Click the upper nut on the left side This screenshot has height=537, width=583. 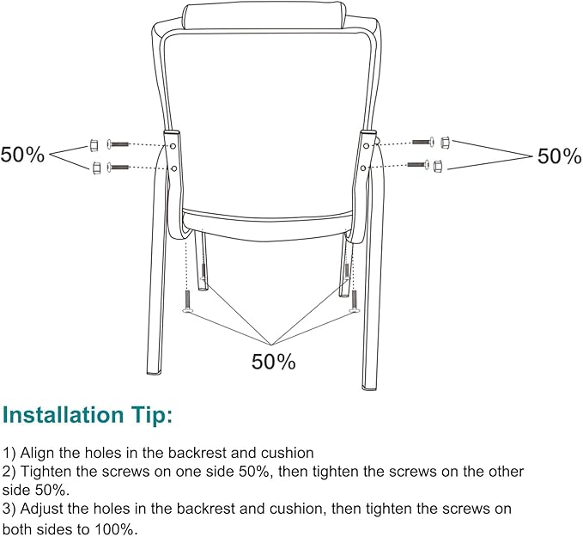point(95,144)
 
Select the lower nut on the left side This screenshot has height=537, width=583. point(95,167)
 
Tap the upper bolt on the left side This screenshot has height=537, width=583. point(118,144)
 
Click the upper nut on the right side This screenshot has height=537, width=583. point(445,141)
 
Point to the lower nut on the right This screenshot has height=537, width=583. point(438,163)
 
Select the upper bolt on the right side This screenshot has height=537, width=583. point(422,141)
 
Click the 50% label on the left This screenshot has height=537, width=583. point(22,156)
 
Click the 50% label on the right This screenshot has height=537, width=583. point(559,156)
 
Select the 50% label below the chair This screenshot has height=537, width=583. point(273,362)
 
